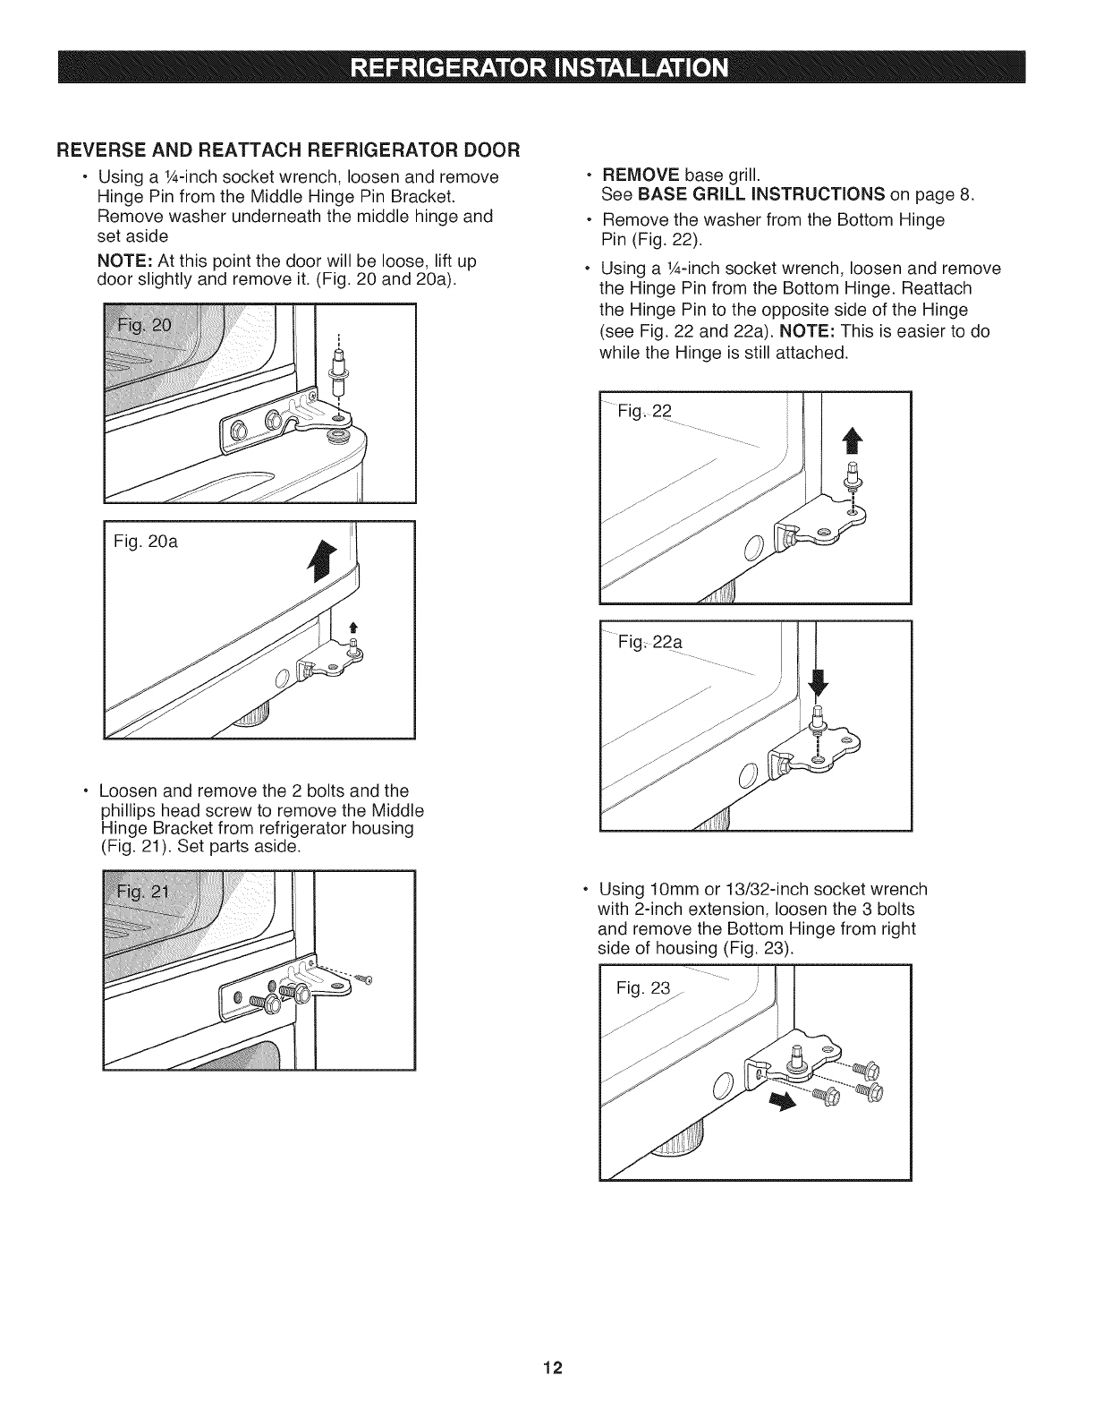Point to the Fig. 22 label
pos(643,412)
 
